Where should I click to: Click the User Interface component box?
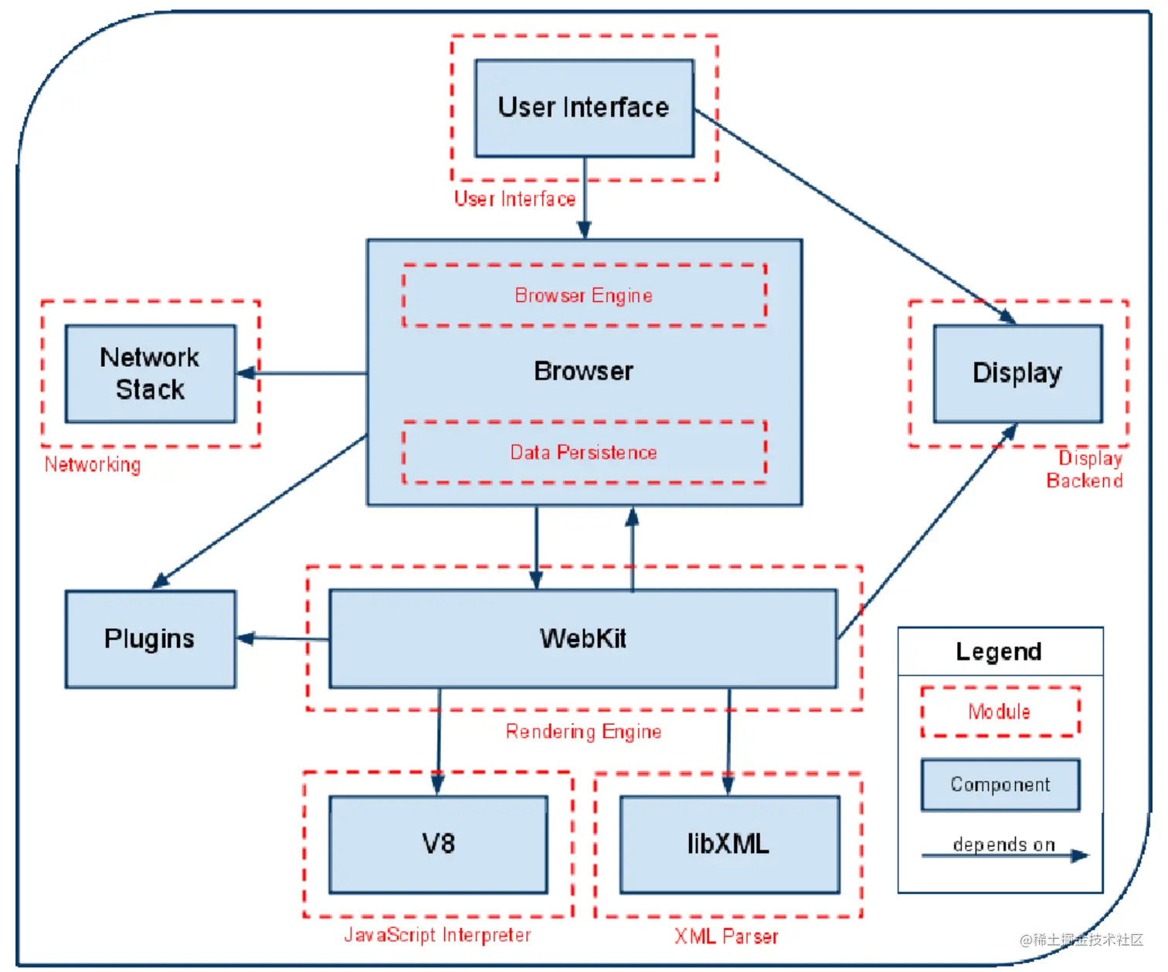tap(584, 108)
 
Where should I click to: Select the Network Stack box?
tap(151, 373)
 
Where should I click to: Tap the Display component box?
tap(1017, 373)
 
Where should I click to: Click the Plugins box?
tap(151, 639)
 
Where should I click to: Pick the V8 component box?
tap(438, 844)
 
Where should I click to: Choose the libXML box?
tap(729, 844)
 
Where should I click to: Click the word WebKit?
tap(583, 639)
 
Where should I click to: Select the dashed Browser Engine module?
tap(584, 296)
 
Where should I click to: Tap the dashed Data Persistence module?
tap(584, 453)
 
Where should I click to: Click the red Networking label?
tap(93, 465)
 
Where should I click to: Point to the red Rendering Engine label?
tap(583, 732)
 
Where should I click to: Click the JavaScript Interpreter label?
tap(437, 936)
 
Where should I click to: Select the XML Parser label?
tap(726, 937)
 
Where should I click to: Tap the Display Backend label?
tap(1085, 470)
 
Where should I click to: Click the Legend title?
tap(999, 652)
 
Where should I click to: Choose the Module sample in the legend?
tap(1000, 712)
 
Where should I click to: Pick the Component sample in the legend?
tap(1000, 785)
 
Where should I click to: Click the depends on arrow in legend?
tap(1004, 855)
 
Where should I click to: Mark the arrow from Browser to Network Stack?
tap(301, 373)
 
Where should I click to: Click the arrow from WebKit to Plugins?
tap(283, 638)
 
